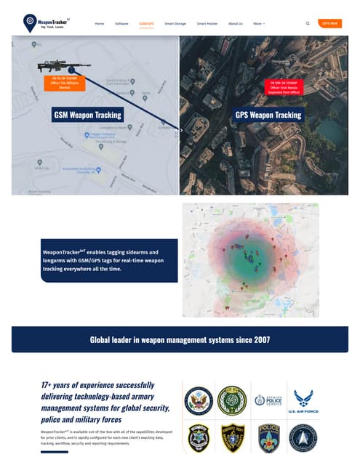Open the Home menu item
pos(99,23)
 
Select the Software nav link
pos(121,23)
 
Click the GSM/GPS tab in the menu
pos(146,23)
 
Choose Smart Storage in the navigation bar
pos(175,23)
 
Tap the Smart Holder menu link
pos(207,23)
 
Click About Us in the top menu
pos(236,23)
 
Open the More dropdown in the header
pos(259,23)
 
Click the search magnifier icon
pos(308,23)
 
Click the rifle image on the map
pos(65,66)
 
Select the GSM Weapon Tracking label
pos(88,115)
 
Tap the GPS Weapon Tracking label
pos(268,115)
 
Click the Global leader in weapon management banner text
pos(180,339)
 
